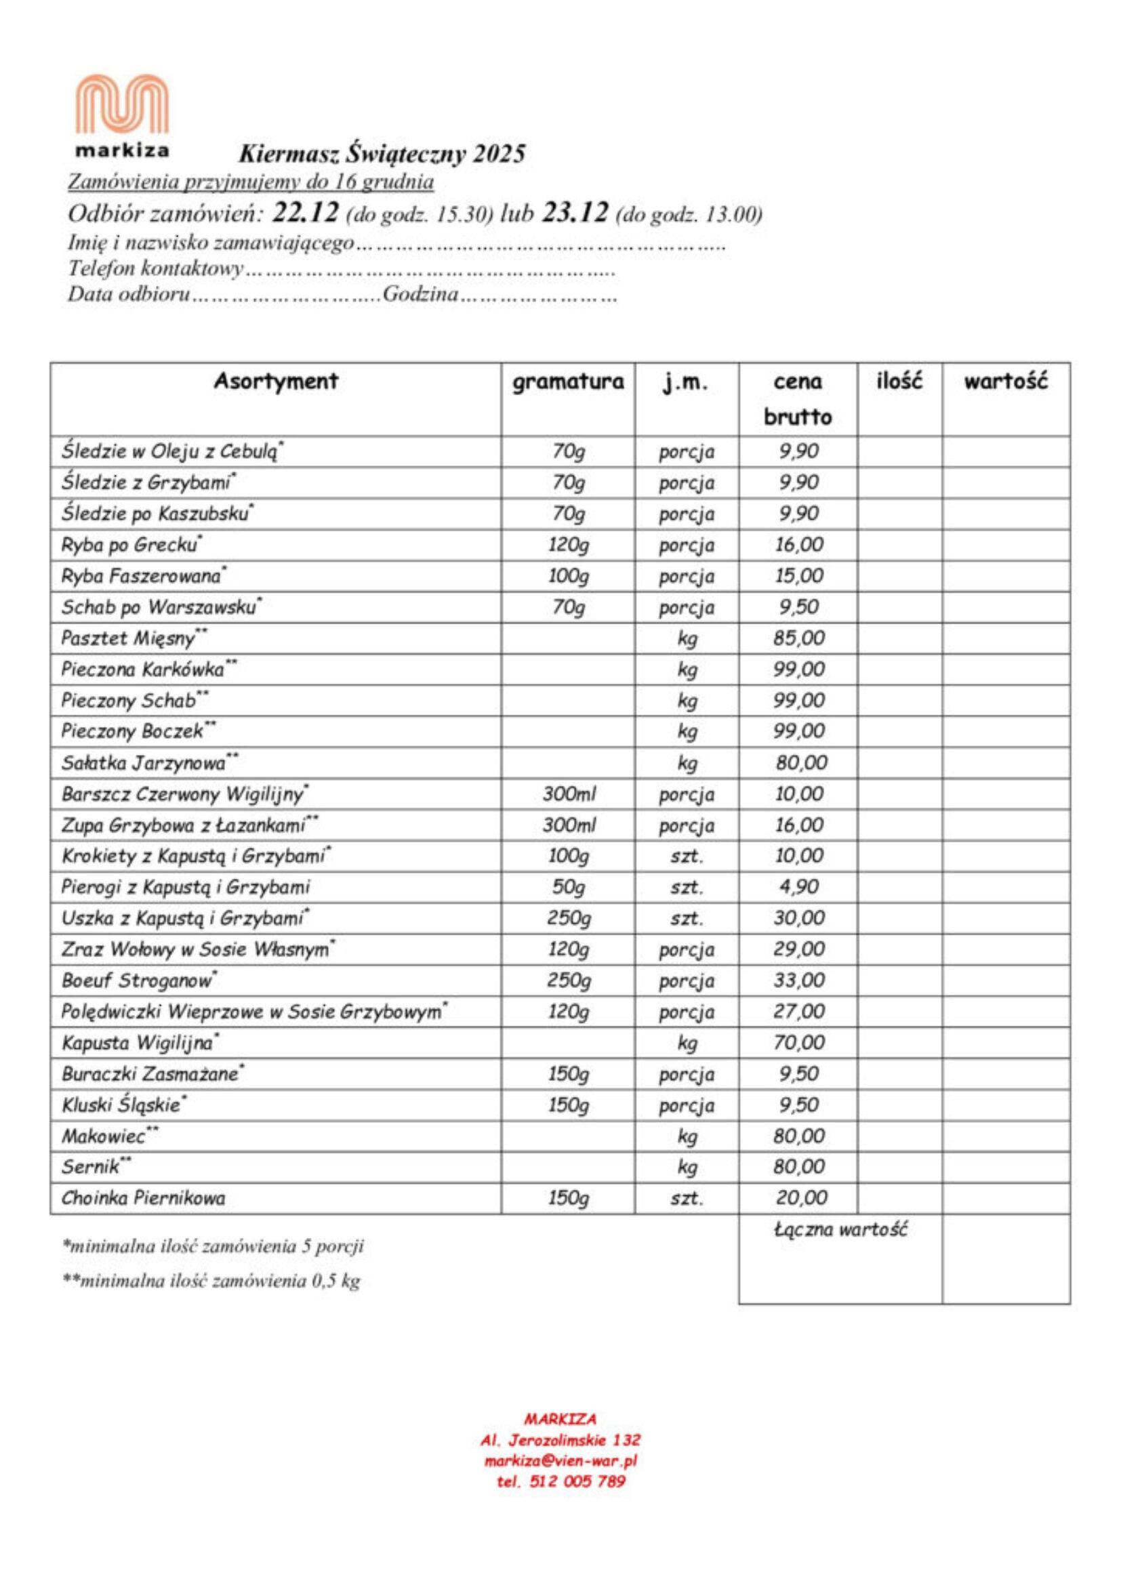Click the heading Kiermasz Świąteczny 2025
click(x=382, y=153)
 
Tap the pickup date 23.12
click(x=574, y=213)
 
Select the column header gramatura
click(x=567, y=381)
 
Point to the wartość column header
click(x=1005, y=381)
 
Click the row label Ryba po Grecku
click(x=129, y=545)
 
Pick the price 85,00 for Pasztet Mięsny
click(x=798, y=638)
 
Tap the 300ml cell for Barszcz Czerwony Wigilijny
click(x=568, y=794)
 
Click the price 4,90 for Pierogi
click(x=798, y=887)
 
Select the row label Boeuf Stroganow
click(x=138, y=981)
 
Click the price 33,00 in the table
click(x=798, y=981)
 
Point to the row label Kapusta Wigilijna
click(x=138, y=1042)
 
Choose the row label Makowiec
click(x=105, y=1136)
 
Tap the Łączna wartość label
click(x=839, y=1229)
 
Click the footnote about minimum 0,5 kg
click(x=211, y=1281)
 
